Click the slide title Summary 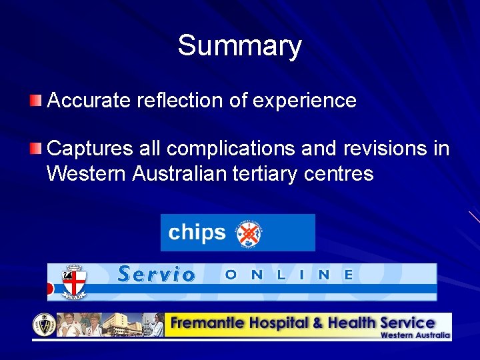pyautogui.click(x=239, y=46)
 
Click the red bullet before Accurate pyautogui.click(x=35, y=101)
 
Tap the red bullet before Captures pyautogui.click(x=35, y=147)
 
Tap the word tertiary pyautogui.click(x=266, y=174)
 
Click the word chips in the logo pyautogui.click(x=197, y=233)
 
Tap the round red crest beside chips pyautogui.click(x=249, y=233)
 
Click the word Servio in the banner pyautogui.click(x=156, y=274)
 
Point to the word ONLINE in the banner pyautogui.click(x=289, y=274)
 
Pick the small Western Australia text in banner pyautogui.click(x=415, y=335)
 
